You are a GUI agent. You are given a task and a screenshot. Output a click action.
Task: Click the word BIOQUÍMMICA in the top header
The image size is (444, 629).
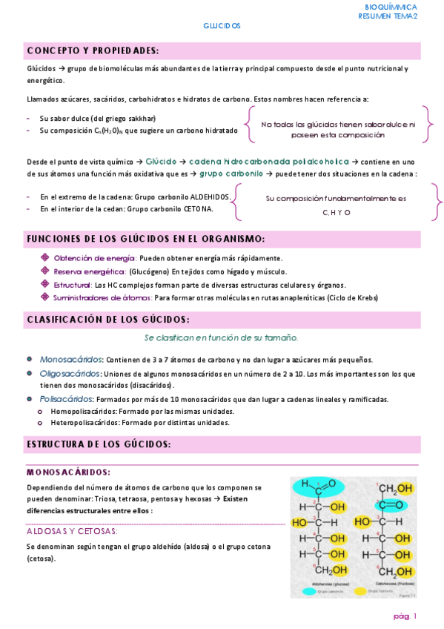[x=387, y=7]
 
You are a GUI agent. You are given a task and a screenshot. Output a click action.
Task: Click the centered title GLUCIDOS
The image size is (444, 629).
[x=222, y=25]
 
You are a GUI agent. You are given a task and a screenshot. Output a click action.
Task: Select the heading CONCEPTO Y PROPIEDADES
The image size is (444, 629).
[x=93, y=50]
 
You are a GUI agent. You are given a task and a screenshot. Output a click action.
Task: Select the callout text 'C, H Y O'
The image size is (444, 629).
[x=337, y=213]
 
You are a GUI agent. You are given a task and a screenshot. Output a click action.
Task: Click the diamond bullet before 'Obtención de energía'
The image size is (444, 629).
[x=45, y=257]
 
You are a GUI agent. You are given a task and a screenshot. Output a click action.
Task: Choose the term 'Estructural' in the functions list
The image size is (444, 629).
[x=73, y=284]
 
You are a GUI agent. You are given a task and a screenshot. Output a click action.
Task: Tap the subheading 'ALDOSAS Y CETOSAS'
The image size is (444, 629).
[x=72, y=531]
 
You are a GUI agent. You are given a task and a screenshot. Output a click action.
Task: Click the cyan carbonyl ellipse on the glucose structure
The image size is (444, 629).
[x=314, y=487]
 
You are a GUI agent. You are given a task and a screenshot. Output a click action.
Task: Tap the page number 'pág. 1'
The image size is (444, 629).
[x=405, y=616]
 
